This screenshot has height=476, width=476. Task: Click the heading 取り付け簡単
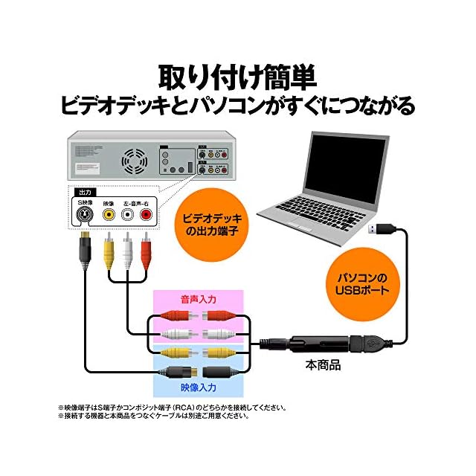(237, 77)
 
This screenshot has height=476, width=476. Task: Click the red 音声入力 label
(198, 300)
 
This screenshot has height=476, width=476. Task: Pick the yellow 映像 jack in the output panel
(109, 215)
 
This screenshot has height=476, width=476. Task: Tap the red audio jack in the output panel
(146, 215)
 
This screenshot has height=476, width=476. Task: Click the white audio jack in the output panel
(127, 215)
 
